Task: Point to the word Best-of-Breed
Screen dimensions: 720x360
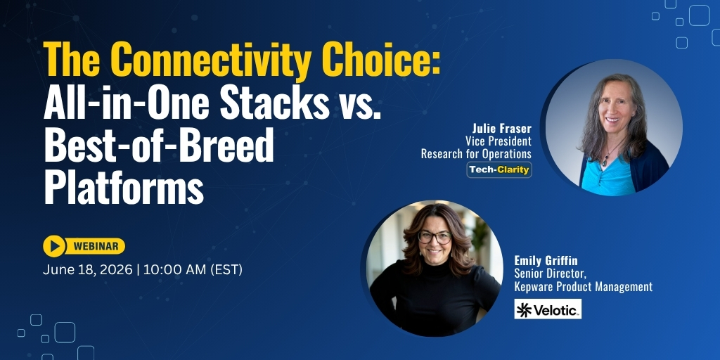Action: [x=158, y=144]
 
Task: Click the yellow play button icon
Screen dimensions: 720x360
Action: [x=54, y=246]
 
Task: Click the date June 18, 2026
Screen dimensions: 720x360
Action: [x=88, y=270]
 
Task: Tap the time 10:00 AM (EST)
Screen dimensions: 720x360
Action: [x=193, y=270]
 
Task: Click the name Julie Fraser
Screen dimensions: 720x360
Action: [x=502, y=128]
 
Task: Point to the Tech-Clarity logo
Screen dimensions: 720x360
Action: [x=499, y=170]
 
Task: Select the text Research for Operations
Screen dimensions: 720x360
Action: [x=476, y=154]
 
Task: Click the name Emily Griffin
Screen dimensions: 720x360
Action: [x=546, y=260]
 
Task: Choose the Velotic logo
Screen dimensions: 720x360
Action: [x=548, y=309]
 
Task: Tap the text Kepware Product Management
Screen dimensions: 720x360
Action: [x=583, y=287]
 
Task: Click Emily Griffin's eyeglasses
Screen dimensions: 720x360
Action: [x=435, y=238]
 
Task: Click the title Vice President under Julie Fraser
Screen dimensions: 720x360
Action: [x=499, y=141]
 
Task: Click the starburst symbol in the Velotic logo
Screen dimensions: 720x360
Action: [x=524, y=309]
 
